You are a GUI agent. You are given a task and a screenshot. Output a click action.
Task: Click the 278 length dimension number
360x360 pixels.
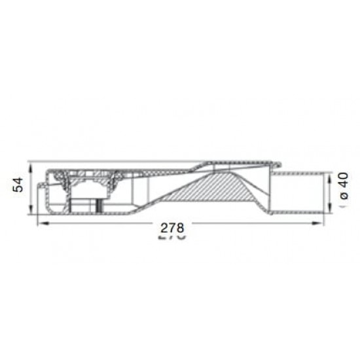[x=172, y=228]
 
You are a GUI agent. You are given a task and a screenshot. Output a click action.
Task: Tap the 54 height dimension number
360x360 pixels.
[x=18, y=185]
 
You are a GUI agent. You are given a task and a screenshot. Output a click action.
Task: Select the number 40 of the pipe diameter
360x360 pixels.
[x=344, y=180]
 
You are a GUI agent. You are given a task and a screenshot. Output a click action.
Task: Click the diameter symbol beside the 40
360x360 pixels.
[x=345, y=196]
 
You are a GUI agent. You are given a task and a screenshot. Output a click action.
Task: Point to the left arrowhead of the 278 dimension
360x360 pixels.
[x=43, y=223]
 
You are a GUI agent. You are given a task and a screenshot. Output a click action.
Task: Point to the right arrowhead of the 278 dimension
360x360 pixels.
[x=317, y=223]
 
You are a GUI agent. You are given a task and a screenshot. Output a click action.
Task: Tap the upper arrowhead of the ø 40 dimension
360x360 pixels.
[x=330, y=177]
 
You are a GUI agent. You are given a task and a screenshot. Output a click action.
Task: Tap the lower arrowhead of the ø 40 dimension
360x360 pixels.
[x=330, y=207]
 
